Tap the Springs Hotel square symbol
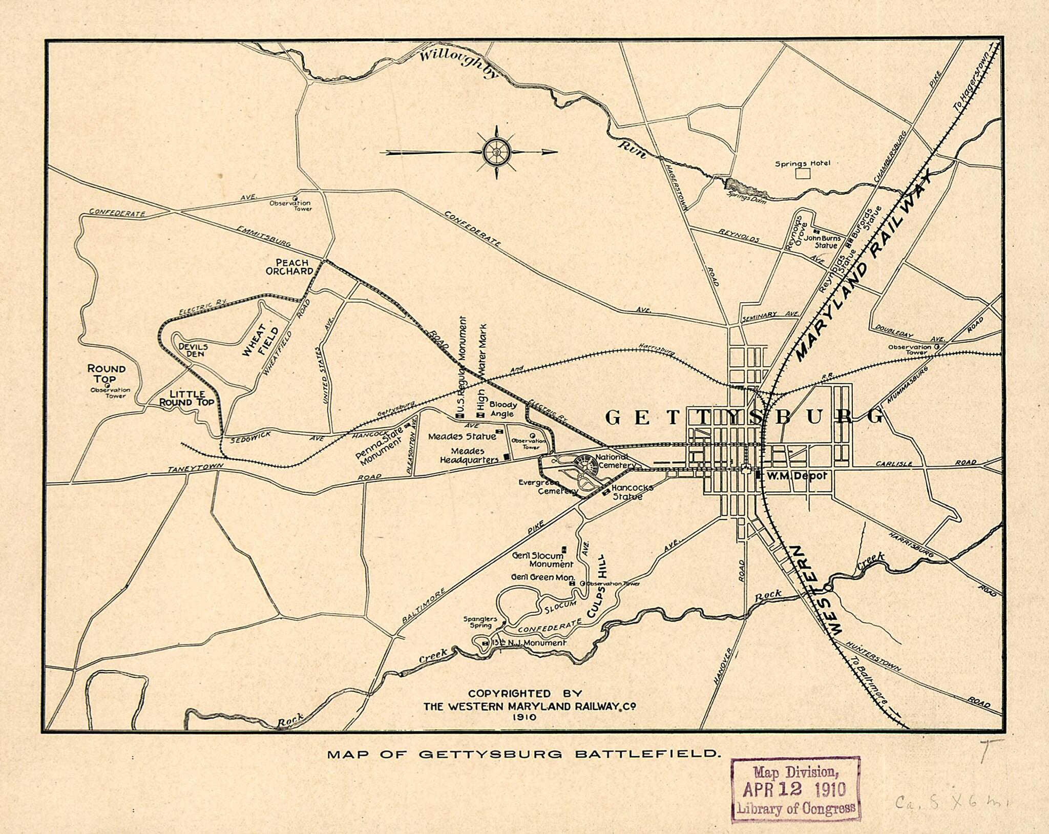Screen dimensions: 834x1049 [x=803, y=173]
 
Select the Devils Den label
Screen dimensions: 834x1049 [x=192, y=350]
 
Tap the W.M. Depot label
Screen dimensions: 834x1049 [x=795, y=475]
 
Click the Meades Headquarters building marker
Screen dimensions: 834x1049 [x=507, y=456]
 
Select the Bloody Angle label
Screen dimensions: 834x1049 [x=503, y=409]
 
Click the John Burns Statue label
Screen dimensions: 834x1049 [x=822, y=242]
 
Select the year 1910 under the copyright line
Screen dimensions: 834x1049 [x=523, y=717]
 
